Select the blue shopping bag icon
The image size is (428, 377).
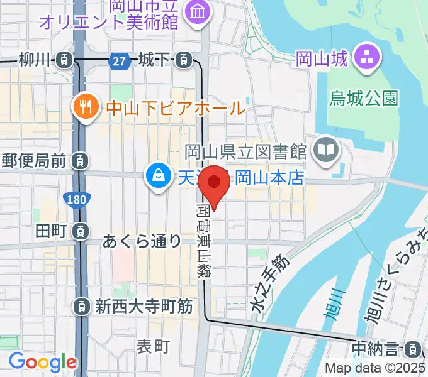click(x=156, y=176)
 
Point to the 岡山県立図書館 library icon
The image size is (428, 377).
click(x=327, y=150)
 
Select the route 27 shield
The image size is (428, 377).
click(x=119, y=60)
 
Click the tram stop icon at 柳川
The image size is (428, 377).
click(x=64, y=60)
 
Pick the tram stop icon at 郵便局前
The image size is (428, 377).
click(x=80, y=161)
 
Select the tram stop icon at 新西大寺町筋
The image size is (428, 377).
click(x=81, y=307)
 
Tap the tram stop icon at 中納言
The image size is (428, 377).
click(x=414, y=347)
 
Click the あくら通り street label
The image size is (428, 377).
click(x=142, y=241)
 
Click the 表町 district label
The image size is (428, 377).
click(x=154, y=346)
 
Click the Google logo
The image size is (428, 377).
click(x=42, y=362)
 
